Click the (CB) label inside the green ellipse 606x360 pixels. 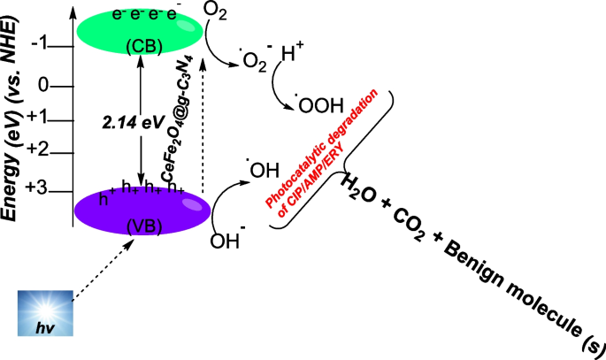(x=141, y=45)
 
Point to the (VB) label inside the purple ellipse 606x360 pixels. (x=141, y=226)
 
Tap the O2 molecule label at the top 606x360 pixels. (x=214, y=12)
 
